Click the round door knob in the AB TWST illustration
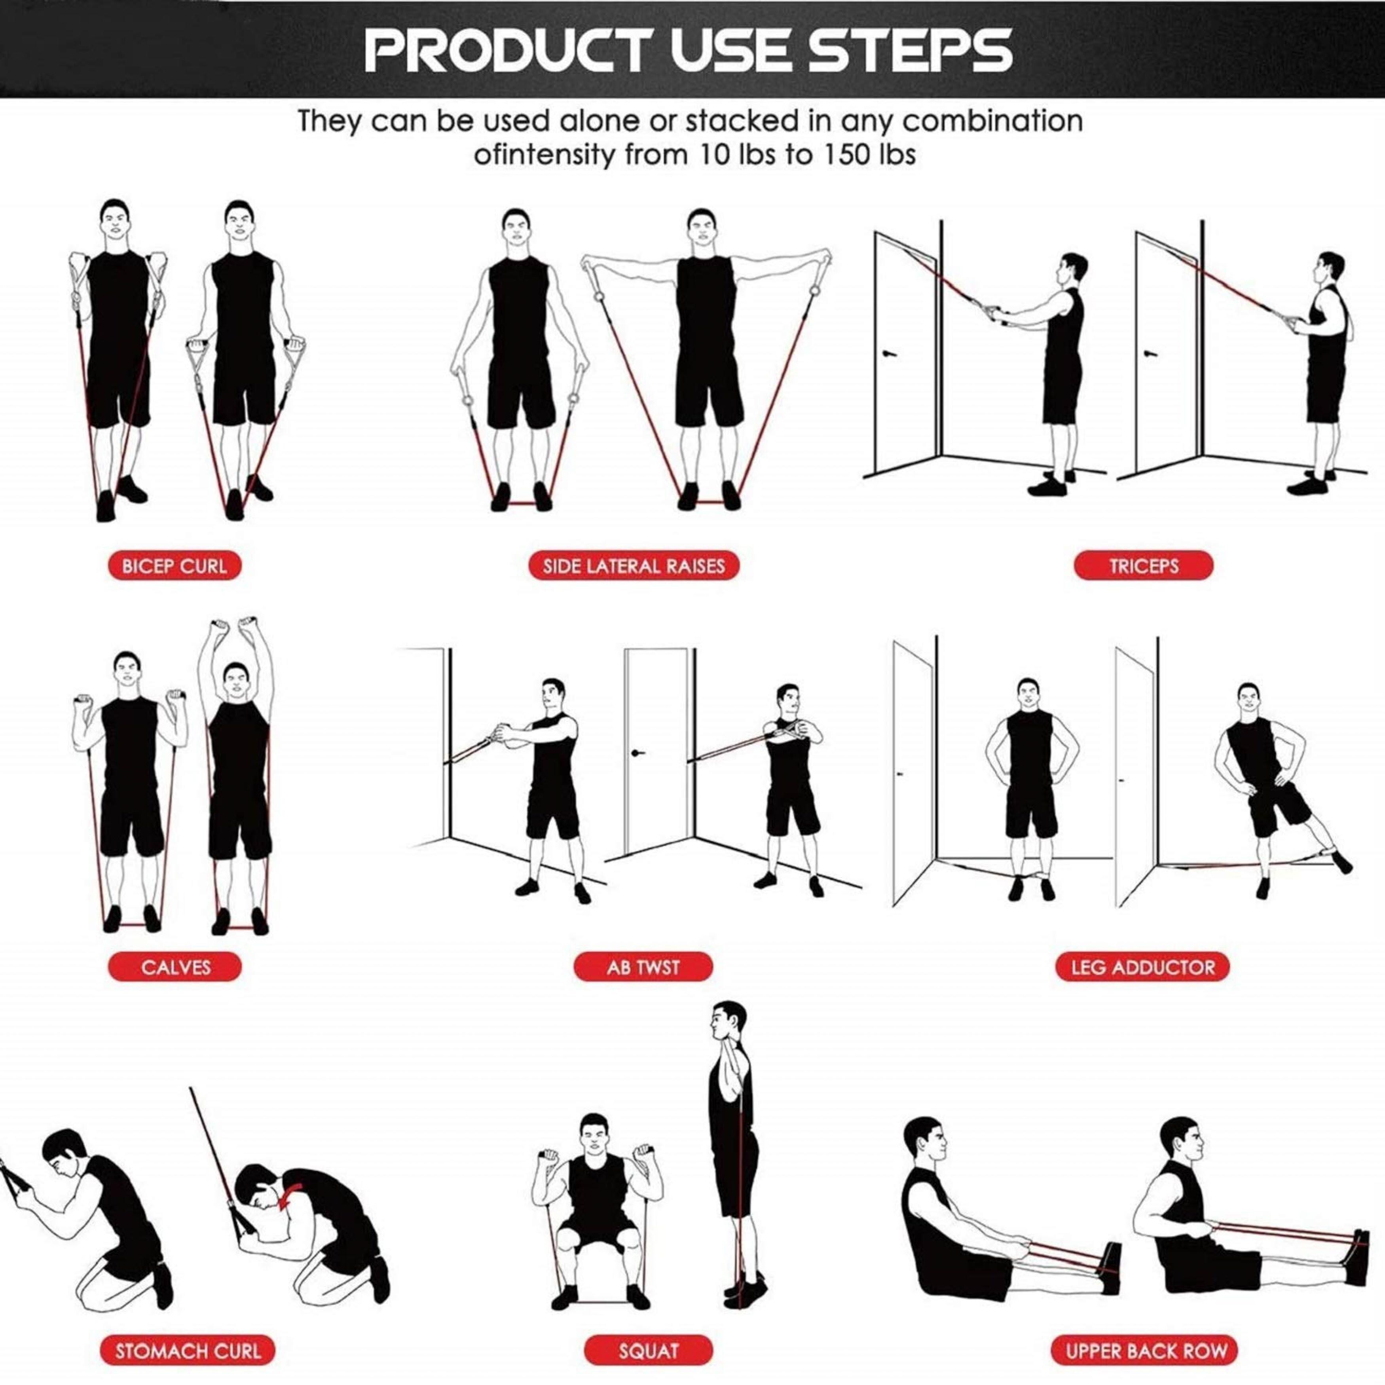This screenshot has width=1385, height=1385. [635, 753]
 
